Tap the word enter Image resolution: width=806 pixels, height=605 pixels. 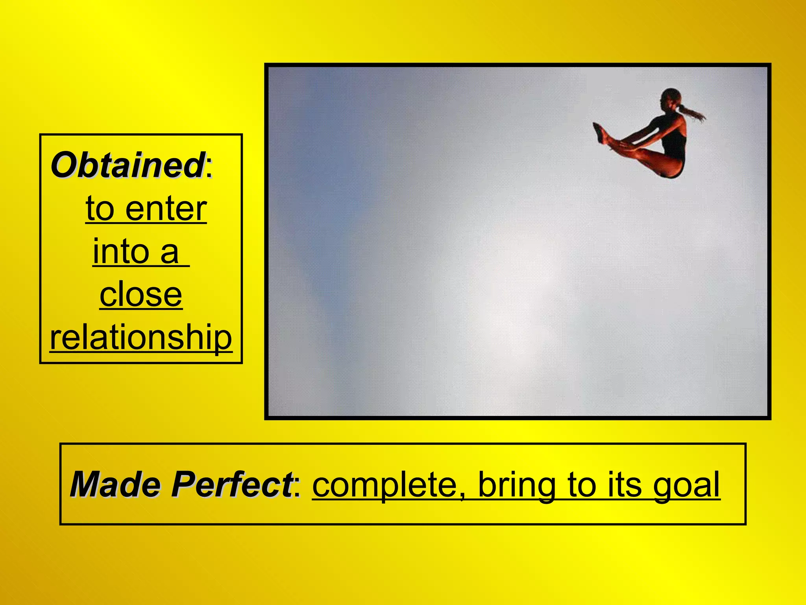point(166,209)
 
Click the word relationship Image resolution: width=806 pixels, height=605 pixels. point(141,338)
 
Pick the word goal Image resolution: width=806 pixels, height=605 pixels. point(686,485)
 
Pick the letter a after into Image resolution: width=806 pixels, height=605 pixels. point(170,252)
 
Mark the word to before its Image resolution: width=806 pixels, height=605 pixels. point(584,484)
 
